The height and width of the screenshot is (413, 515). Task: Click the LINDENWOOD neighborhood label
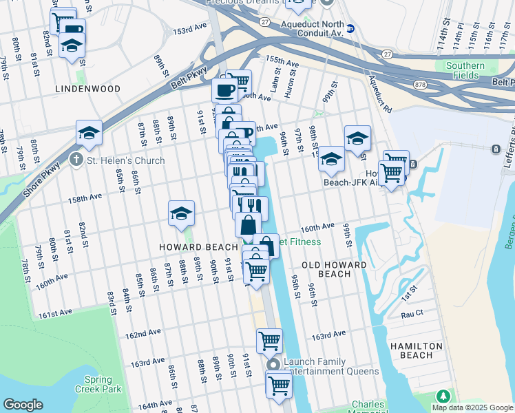click(x=89, y=89)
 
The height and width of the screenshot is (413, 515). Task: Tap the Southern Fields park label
click(x=465, y=71)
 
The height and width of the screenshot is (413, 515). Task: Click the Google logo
click(x=23, y=405)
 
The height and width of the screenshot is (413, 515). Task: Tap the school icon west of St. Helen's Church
click(x=89, y=133)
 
